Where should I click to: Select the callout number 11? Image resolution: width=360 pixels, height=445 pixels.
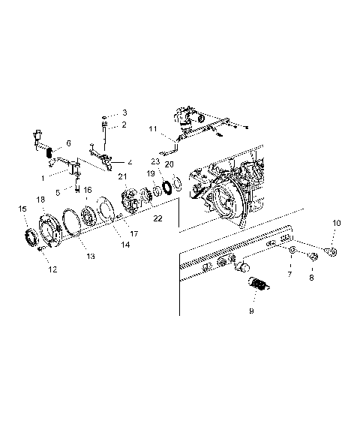(x=152, y=129)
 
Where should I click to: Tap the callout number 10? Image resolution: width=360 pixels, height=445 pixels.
(x=336, y=224)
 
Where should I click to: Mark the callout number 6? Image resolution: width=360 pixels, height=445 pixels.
(x=68, y=143)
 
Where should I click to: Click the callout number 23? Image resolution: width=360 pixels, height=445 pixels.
(x=155, y=161)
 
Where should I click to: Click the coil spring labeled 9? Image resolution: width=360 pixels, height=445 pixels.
(x=257, y=286)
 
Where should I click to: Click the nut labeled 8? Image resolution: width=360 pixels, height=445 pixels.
(x=313, y=258)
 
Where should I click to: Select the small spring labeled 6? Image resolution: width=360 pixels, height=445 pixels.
(x=50, y=155)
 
